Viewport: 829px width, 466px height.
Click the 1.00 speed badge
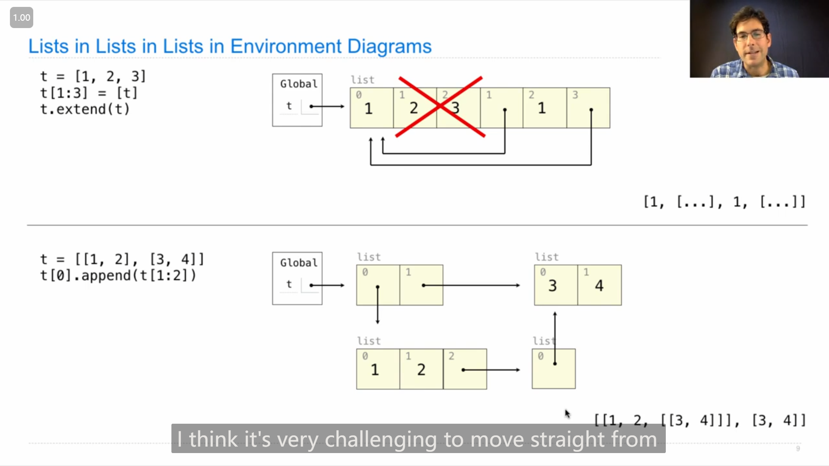pos(22,18)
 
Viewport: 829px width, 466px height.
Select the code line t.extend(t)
pos(85,109)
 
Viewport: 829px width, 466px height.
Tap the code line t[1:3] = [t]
pos(89,93)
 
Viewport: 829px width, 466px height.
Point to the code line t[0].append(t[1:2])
pos(118,275)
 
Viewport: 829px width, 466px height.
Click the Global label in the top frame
pos(299,84)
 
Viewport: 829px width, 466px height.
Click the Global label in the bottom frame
pos(299,263)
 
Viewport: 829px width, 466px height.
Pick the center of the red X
pos(440,107)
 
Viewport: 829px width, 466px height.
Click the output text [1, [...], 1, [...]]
pos(725,202)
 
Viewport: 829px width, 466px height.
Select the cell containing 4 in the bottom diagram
pos(600,285)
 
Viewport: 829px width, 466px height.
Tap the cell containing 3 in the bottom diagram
pos(556,285)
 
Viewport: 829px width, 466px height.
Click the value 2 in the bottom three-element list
pos(421,369)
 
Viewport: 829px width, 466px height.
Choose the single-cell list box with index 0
pos(554,369)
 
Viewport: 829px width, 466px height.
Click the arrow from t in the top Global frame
pos(327,106)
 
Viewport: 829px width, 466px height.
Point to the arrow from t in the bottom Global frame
pos(327,285)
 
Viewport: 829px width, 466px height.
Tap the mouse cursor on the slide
pos(567,414)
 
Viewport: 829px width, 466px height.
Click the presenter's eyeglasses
pos(752,35)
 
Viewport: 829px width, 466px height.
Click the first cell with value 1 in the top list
pos(372,108)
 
